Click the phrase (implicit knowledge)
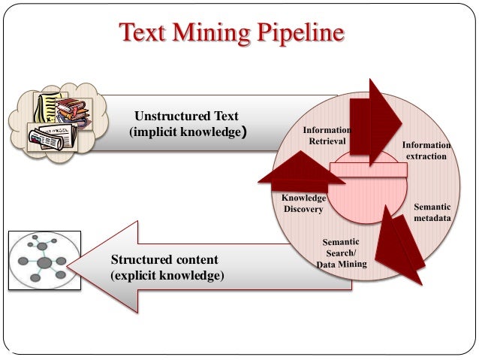[x=188, y=133]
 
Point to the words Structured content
[x=164, y=260]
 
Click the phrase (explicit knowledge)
[x=167, y=276]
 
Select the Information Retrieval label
[x=327, y=136]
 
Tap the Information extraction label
[x=426, y=150]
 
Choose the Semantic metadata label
[x=432, y=212]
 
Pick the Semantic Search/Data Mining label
[x=341, y=253]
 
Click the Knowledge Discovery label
[x=303, y=204]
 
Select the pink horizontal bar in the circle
[x=368, y=171]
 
